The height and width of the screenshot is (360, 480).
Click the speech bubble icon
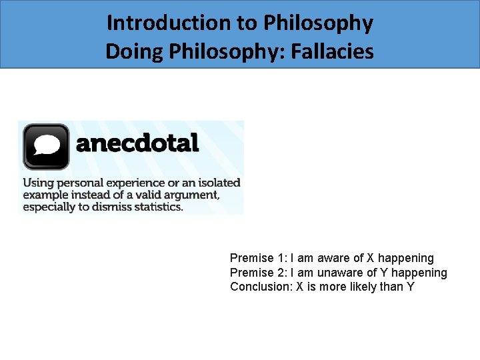pos(46,146)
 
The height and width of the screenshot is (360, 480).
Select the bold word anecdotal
pos(138,143)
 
